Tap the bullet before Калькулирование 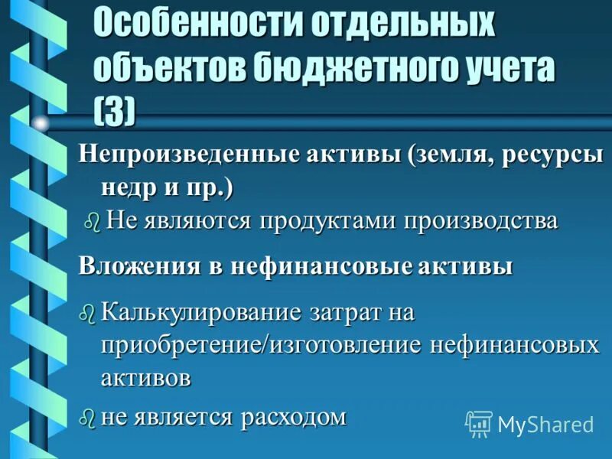click(88, 312)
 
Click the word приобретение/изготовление click(261, 345)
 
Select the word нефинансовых click(514, 345)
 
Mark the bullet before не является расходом click(88, 418)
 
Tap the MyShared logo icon click(479, 423)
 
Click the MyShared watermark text click(545, 424)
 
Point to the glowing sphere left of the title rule click(41, 122)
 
